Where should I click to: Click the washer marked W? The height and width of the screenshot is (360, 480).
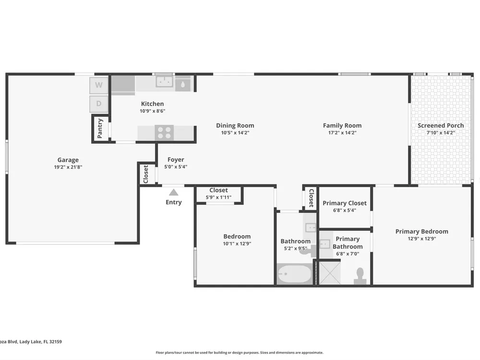tap(98, 85)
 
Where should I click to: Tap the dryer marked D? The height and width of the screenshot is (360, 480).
tap(98, 104)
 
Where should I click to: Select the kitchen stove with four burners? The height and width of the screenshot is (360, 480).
tap(164, 132)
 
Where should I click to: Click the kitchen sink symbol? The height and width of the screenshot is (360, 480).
tap(165, 82)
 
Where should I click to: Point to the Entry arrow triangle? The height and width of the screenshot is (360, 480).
tap(174, 192)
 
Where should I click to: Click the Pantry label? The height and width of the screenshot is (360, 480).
tap(100, 129)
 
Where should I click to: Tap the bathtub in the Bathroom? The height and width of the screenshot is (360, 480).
tap(294, 274)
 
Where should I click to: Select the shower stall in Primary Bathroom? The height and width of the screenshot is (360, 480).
tap(330, 273)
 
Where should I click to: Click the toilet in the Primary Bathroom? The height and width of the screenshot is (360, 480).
tap(360, 276)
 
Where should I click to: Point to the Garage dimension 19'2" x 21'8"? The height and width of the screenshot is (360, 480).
tap(68, 167)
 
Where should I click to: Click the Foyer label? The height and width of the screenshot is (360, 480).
tap(176, 159)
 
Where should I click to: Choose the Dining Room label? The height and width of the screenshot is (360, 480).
tap(235, 125)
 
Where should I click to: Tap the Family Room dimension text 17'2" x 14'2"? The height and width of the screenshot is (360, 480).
tap(342, 133)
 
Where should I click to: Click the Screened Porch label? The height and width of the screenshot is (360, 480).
tap(441, 125)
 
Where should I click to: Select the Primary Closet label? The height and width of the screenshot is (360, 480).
tap(345, 203)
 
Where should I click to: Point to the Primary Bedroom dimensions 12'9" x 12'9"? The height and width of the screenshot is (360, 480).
tap(422, 239)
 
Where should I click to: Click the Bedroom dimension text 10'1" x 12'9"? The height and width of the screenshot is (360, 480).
tap(237, 244)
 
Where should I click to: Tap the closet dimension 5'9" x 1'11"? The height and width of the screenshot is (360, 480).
tap(218, 197)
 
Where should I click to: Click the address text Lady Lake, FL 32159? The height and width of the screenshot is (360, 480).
tap(41, 342)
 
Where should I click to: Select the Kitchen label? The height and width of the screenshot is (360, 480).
tap(153, 104)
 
